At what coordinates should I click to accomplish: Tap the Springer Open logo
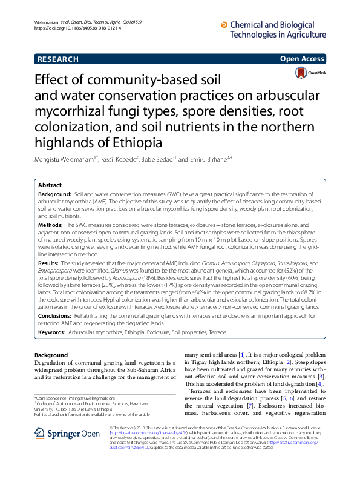[67, 434]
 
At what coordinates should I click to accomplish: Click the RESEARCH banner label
[58, 59]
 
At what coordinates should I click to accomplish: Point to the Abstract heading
[50, 185]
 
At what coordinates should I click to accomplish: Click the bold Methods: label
[51, 225]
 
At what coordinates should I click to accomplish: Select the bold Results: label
[49, 264]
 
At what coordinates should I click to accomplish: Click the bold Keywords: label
[52, 332]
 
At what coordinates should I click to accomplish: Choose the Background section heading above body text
[51, 355]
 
